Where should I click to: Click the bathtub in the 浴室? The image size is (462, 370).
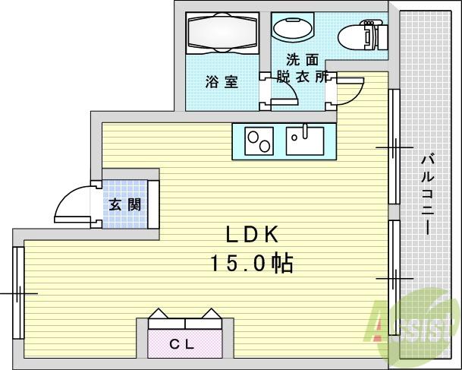(222, 33)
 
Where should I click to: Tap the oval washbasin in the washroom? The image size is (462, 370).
(293, 29)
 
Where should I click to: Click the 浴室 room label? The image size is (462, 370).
(222, 82)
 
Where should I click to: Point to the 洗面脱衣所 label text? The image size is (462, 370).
(303, 68)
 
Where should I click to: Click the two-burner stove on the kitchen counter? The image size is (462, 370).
(259, 141)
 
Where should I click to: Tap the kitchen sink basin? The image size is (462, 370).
(305, 141)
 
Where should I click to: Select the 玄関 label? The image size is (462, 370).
(125, 204)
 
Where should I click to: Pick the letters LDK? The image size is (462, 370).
(252, 235)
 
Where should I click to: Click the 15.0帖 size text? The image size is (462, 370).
(252, 263)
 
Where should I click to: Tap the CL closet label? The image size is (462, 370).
(182, 344)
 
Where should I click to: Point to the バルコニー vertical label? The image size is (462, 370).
(428, 195)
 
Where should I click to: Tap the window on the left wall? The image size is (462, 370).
(18, 293)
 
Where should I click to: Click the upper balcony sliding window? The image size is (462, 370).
(394, 147)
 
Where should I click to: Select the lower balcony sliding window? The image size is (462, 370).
(394, 278)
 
